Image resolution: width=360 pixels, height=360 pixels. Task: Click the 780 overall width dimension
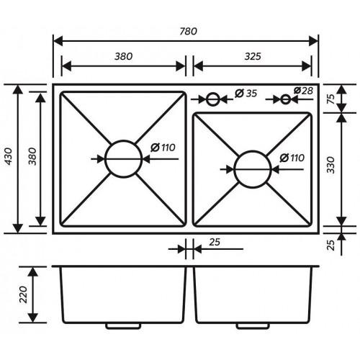pyautogui.click(x=189, y=31)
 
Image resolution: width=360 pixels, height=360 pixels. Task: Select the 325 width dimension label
pyautogui.click(x=253, y=56)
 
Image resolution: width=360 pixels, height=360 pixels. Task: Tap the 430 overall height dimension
pyautogui.click(x=9, y=156)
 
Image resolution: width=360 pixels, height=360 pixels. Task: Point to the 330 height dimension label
pyautogui.click(x=330, y=165)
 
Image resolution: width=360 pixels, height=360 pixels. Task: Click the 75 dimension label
pyautogui.click(x=331, y=99)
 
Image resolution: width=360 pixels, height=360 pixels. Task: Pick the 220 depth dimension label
pyautogui.click(x=24, y=294)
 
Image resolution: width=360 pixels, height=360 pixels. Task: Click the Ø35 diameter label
pyautogui.click(x=246, y=93)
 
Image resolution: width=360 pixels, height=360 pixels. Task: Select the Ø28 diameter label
pyautogui.click(x=303, y=91)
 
